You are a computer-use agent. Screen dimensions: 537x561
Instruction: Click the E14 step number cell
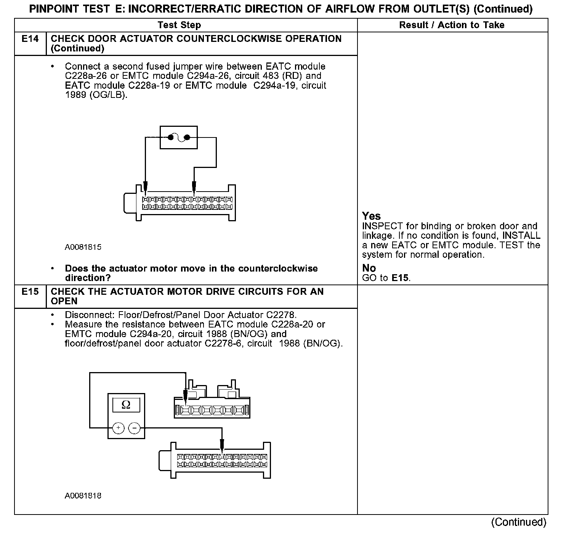point(30,39)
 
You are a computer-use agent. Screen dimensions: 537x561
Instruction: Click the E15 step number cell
point(30,292)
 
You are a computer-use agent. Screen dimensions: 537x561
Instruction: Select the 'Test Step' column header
point(179,25)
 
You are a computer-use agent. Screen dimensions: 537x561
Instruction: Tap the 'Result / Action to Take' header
point(452,25)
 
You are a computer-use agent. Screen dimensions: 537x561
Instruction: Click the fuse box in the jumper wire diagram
point(179,137)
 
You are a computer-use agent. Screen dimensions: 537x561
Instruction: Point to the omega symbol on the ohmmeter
point(126,404)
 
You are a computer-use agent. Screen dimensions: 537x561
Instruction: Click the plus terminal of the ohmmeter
point(119,428)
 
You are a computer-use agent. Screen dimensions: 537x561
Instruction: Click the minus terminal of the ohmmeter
point(134,428)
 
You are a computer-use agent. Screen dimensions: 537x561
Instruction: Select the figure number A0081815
point(83,247)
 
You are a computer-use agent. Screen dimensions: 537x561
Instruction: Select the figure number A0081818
point(83,496)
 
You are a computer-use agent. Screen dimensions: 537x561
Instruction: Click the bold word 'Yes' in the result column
point(371,216)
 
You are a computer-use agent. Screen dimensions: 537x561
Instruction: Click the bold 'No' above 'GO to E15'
point(369,268)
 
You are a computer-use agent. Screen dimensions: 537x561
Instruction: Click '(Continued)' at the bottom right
point(519,522)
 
